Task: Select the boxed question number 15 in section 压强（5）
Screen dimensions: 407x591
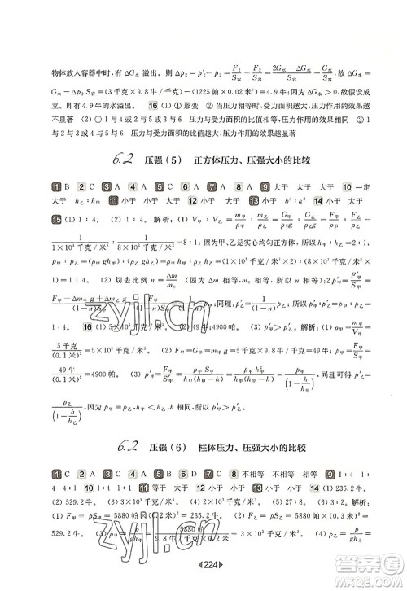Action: click(55, 241)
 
